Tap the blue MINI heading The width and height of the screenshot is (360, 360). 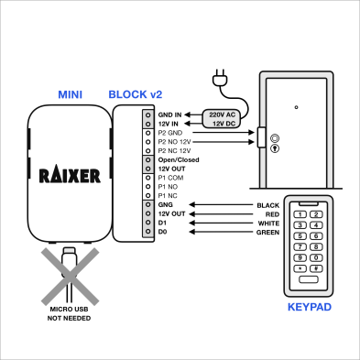point(71,94)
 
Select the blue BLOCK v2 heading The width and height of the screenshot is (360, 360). point(135,94)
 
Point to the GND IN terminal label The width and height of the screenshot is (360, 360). point(169,115)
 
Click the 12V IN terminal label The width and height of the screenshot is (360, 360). point(169,124)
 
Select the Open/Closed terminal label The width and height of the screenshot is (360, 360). point(178,159)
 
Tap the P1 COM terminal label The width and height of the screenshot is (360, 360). point(170,177)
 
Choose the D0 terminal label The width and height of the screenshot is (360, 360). point(162,232)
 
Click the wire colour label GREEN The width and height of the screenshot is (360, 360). point(267,232)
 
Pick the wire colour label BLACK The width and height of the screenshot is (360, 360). point(268,204)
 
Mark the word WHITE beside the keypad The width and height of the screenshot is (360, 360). point(267,223)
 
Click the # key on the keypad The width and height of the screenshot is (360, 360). point(314,267)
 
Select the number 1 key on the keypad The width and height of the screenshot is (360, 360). point(299,213)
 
